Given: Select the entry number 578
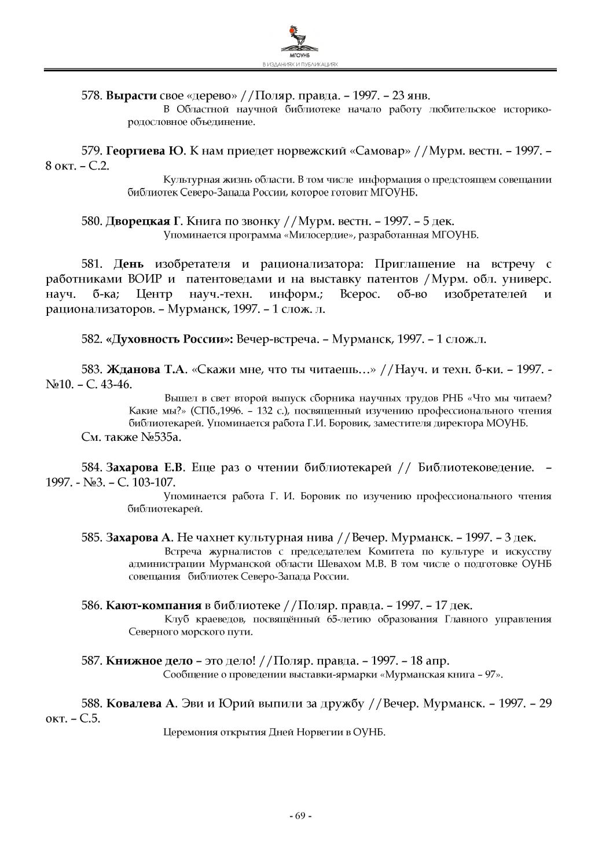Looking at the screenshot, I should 91,95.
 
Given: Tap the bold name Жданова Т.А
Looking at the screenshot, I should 147,369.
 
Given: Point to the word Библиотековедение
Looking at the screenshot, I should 475,467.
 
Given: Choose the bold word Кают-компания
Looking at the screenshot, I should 153,606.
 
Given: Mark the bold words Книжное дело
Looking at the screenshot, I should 149,661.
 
